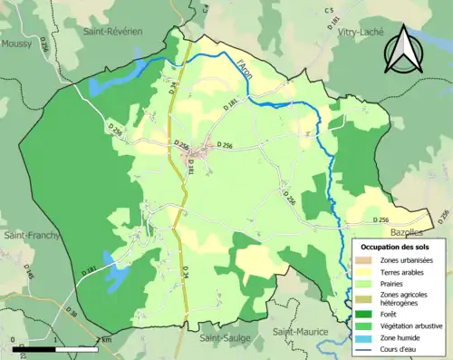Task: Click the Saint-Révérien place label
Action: coord(111,30)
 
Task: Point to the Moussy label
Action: coord(17,43)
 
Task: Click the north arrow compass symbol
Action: coord(405,50)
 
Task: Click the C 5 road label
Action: coord(329,10)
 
